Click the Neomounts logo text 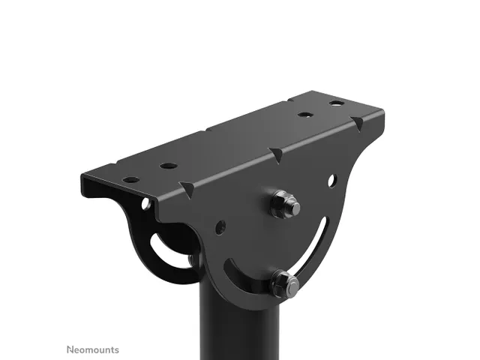pyautogui.click(x=93, y=349)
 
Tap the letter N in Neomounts pyautogui.click(x=70, y=349)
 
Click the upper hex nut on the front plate pyautogui.click(x=284, y=204)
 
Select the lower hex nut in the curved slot pyautogui.click(x=284, y=283)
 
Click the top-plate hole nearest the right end pyautogui.click(x=337, y=103)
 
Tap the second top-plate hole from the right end pyautogui.click(x=305, y=115)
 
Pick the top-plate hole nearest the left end pyautogui.click(x=130, y=180)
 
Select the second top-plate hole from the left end pyautogui.click(x=168, y=166)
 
